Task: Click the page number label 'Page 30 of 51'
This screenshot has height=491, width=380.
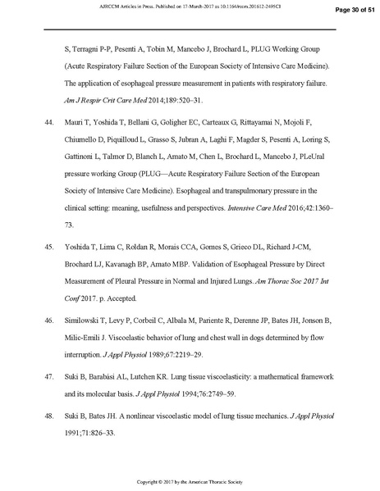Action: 350,11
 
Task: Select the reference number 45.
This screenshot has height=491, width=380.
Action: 48,245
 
